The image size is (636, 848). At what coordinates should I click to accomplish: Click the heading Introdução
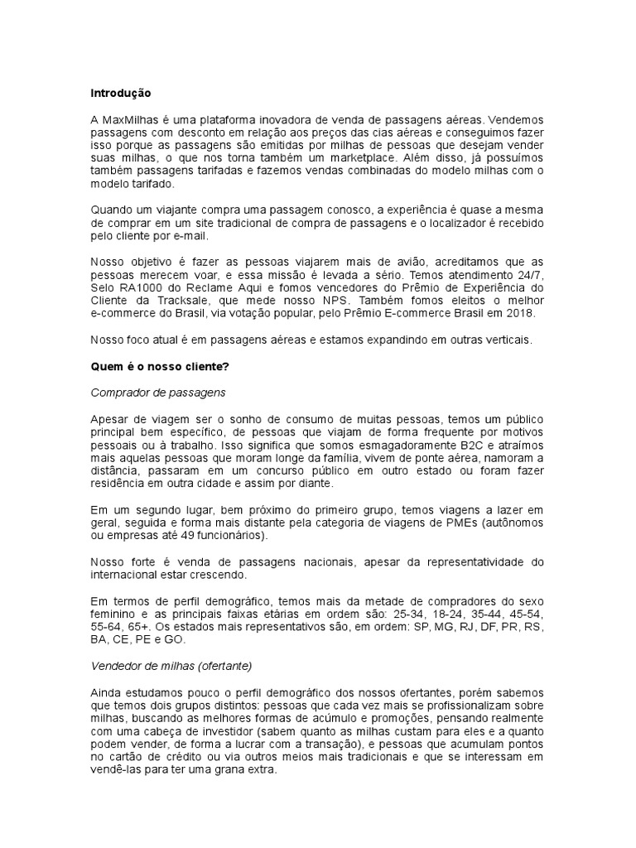click(122, 94)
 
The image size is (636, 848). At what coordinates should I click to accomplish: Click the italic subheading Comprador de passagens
click(157, 393)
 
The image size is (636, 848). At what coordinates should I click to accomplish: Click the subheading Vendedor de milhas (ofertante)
click(171, 666)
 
